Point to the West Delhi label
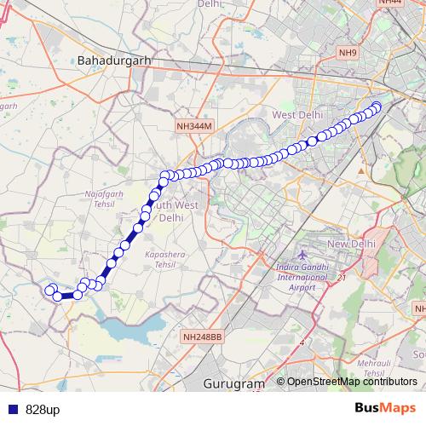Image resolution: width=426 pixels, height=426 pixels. (x=295, y=115)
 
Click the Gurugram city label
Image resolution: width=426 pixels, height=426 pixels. (x=235, y=384)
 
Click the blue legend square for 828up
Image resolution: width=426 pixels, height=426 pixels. (x=10, y=410)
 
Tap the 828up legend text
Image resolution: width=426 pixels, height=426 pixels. (x=42, y=410)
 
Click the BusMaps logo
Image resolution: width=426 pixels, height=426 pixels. (x=384, y=409)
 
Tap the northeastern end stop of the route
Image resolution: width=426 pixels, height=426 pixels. (x=377, y=106)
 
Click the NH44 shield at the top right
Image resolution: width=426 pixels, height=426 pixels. (x=391, y=3)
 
